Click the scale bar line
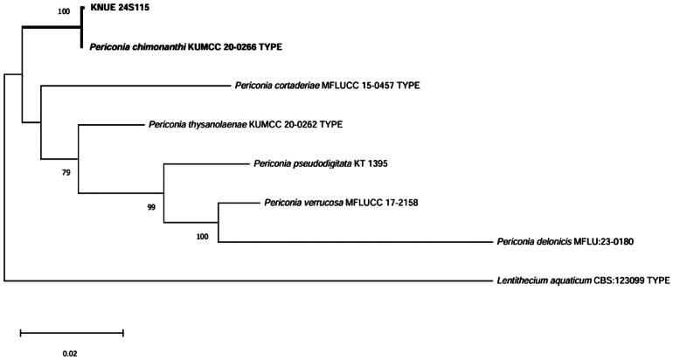coord(72,332)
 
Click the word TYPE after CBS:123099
coord(656,281)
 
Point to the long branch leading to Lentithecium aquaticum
coord(245,281)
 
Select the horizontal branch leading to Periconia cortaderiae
coord(131,86)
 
